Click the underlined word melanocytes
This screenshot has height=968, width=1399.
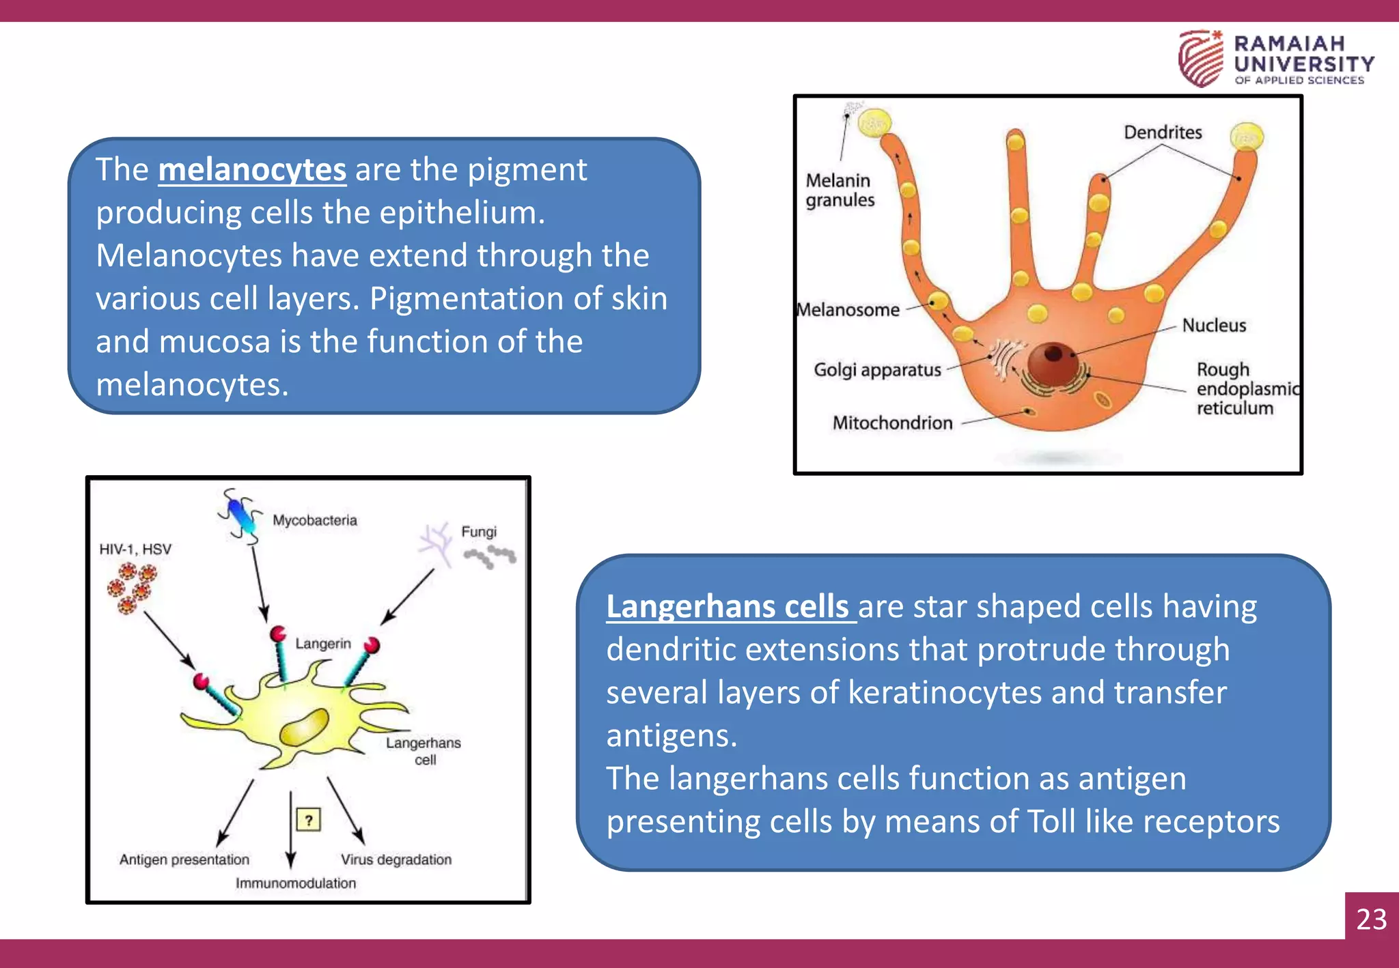pos(252,169)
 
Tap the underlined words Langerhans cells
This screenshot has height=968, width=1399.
pos(728,606)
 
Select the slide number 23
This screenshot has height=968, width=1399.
pos(1371,919)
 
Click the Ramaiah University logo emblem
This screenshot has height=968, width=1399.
pos(1200,59)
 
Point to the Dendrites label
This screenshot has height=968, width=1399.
pos(1163,132)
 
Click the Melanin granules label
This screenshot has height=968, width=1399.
pos(840,190)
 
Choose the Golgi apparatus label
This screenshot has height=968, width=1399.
pos(877,370)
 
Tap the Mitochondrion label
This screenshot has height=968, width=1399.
pos(892,423)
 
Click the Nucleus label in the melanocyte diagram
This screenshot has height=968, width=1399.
pos(1214,326)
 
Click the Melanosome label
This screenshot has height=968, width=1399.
pos(849,310)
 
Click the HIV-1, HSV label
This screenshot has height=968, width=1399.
pos(135,550)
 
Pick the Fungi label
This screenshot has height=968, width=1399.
pos(479,532)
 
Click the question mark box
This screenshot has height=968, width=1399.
pos(309,819)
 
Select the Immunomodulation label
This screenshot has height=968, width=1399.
pos(296,883)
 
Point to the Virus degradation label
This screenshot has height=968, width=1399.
pos(396,859)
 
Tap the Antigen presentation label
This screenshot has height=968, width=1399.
pos(184,859)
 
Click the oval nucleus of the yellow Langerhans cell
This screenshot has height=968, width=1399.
pos(305,727)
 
